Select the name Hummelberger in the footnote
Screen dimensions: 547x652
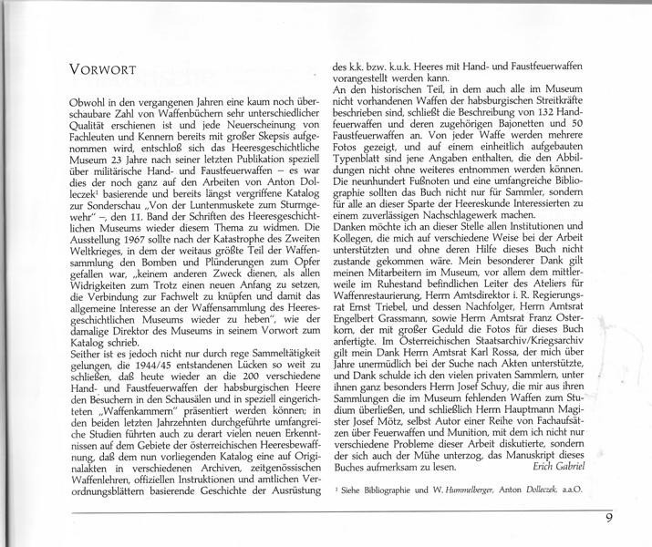[x=487, y=490]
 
